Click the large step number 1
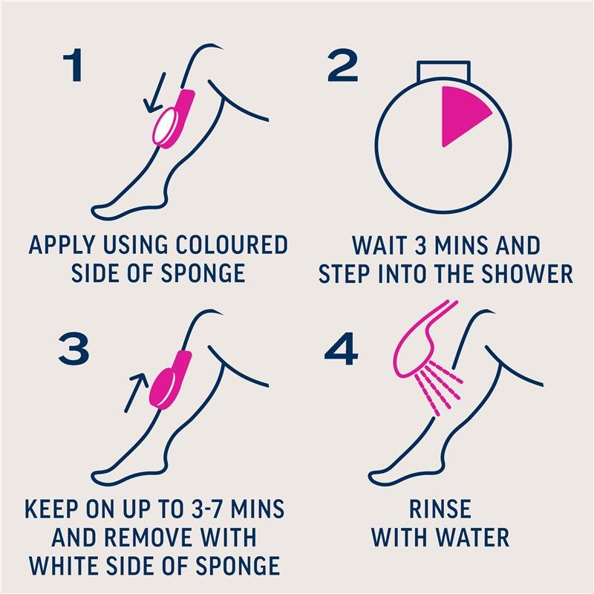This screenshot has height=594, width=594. (74, 65)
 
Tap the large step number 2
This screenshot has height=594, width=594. (343, 65)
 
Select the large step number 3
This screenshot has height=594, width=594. (74, 348)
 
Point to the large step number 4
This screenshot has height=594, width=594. (342, 348)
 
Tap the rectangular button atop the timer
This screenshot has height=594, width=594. (443, 72)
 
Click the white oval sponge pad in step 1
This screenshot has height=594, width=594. (163, 126)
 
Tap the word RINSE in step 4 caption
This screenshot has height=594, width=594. (440, 509)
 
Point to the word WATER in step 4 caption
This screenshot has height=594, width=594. (472, 538)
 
